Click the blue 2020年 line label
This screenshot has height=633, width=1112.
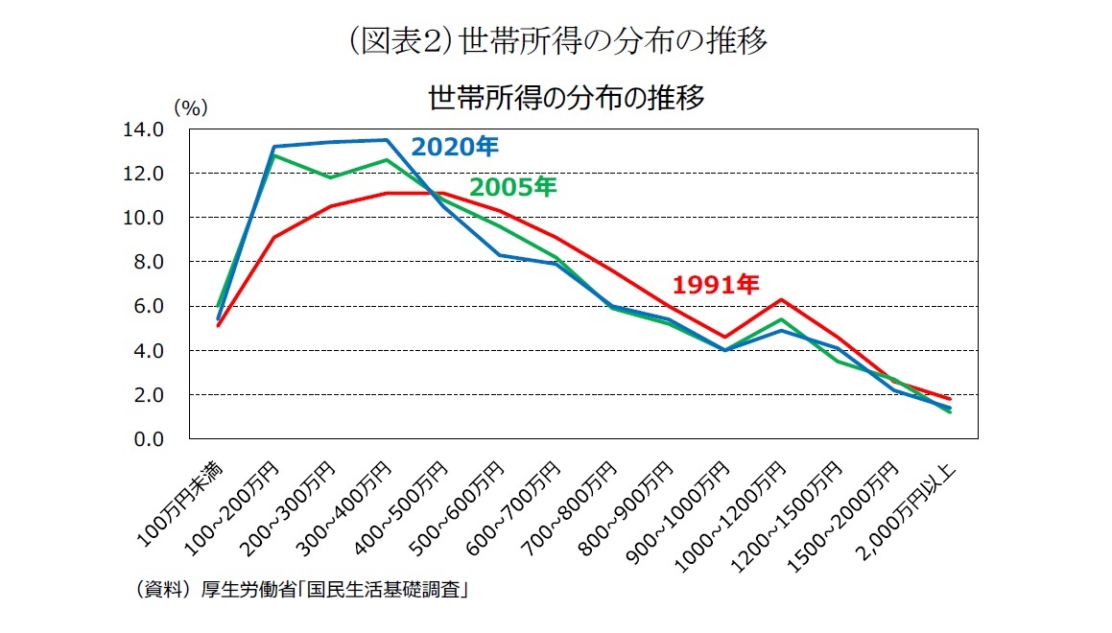click(455, 147)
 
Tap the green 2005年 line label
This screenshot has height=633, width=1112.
click(512, 187)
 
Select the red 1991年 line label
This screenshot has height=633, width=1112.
click(716, 284)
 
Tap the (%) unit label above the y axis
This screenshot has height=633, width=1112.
click(190, 107)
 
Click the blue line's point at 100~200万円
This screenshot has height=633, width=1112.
click(274, 147)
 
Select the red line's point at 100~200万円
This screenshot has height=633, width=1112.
click(274, 237)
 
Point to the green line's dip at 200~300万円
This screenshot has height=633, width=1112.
click(331, 177)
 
